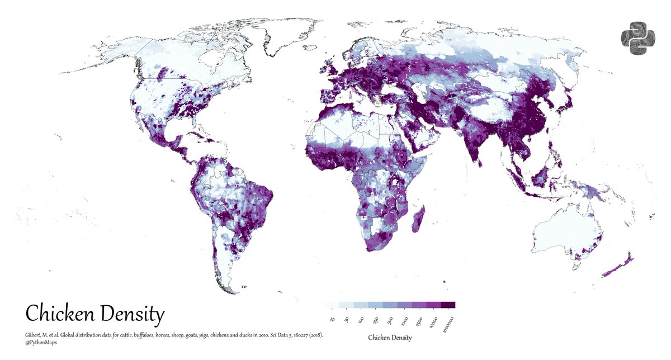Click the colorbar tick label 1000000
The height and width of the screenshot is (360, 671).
point(448,324)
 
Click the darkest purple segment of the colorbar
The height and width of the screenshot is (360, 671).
point(448,305)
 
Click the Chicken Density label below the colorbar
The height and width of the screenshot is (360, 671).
point(390,338)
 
